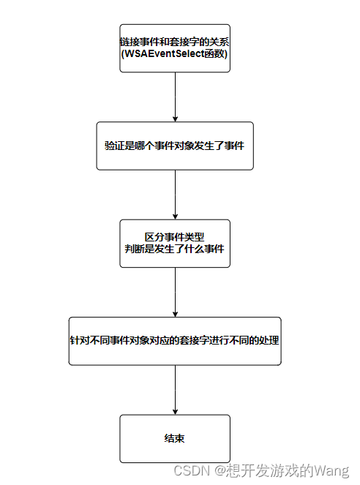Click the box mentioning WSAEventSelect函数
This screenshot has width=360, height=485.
point(175,48)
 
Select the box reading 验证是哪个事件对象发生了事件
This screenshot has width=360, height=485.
point(175,146)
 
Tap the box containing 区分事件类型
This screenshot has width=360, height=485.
point(175,244)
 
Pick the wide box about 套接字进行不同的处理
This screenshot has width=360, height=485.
point(175,341)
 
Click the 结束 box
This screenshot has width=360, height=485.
point(175,439)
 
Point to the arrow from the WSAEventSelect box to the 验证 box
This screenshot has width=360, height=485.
point(175,96)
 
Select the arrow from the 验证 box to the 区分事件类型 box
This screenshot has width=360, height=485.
point(175,194)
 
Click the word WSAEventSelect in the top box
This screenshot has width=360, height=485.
point(164,53)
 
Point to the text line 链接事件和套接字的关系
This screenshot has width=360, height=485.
point(175,41)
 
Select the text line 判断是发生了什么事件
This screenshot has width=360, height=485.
point(175,249)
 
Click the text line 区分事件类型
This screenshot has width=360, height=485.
point(175,237)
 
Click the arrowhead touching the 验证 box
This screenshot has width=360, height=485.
point(175,118)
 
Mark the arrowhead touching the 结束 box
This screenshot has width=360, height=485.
point(175,411)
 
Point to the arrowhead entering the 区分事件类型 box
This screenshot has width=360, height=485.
point(175,216)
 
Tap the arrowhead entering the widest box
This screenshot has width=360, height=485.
point(175,313)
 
